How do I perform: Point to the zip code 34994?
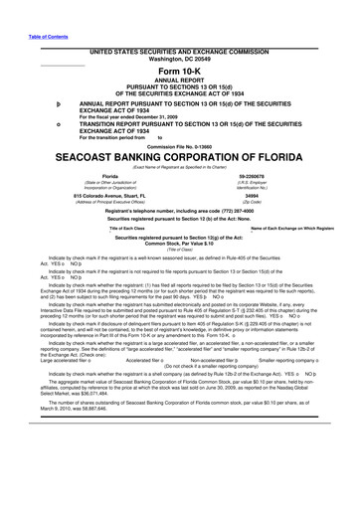pyautogui.click(x=292, y=202)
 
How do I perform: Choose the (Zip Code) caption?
pyautogui.click(x=292, y=208)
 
